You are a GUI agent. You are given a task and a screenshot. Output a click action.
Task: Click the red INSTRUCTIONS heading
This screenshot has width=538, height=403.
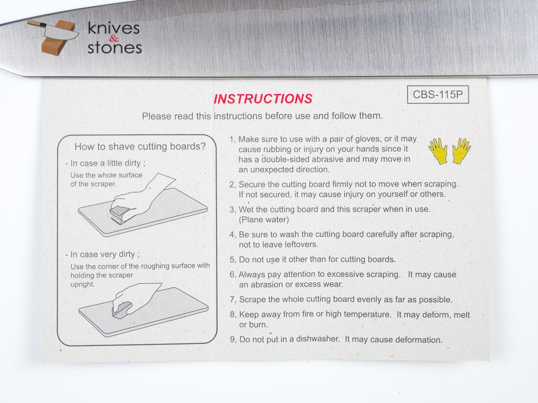[263, 99]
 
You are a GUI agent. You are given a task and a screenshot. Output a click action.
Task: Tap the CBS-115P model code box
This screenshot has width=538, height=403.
[438, 94]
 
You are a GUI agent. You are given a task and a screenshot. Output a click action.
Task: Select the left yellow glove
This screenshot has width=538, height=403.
[438, 151]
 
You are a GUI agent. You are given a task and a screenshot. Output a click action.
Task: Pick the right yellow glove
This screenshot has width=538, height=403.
[461, 151]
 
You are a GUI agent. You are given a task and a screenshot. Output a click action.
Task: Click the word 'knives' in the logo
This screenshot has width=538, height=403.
[113, 28]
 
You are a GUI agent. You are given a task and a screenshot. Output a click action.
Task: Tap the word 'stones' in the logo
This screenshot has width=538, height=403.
[114, 48]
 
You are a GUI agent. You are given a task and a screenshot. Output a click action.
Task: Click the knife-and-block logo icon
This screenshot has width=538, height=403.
[53, 37]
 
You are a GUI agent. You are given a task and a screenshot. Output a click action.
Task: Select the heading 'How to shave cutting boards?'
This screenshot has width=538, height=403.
[140, 147]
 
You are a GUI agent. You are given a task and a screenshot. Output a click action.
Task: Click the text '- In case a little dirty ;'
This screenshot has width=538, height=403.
[105, 163]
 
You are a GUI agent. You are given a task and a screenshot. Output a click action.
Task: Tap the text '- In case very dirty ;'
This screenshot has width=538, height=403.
[102, 255]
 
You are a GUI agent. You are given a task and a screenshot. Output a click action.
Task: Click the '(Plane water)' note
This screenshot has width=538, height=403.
[264, 220]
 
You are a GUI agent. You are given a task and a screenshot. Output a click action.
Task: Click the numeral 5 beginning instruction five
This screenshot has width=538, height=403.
[232, 260]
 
